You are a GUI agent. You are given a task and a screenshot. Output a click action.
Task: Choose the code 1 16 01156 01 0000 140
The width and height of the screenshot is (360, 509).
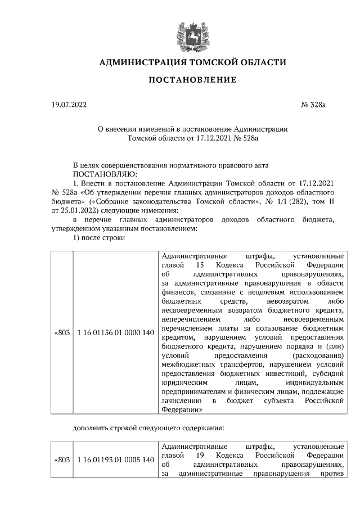[x=115, y=333]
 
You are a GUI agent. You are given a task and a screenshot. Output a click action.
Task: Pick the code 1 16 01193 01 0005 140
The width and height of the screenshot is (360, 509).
[x=115, y=460]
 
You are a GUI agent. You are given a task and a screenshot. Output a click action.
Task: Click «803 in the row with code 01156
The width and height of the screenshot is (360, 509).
[x=61, y=333]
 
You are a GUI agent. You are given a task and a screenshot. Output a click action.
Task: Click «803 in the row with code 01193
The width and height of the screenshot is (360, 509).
[x=61, y=460]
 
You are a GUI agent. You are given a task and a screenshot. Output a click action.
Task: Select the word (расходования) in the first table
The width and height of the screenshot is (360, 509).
[x=318, y=355]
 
